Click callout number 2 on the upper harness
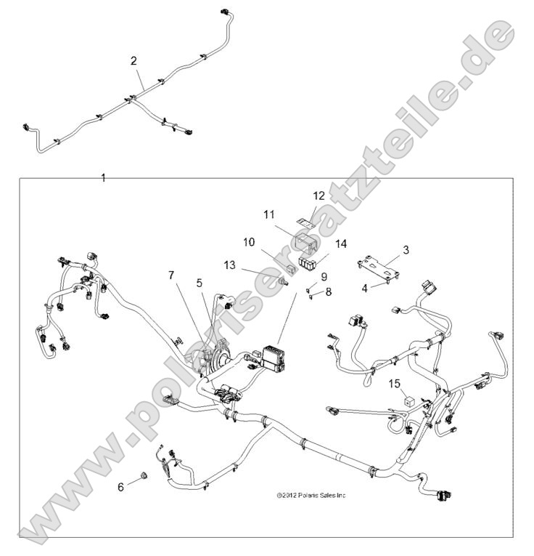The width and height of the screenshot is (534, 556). point(133,61)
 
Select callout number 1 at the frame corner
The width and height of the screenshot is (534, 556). point(103,177)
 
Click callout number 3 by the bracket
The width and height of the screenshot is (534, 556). point(406,249)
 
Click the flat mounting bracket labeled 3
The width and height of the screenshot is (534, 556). point(380,265)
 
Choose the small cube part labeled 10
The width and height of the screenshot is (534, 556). point(291,268)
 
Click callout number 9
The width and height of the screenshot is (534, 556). point(324,276)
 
